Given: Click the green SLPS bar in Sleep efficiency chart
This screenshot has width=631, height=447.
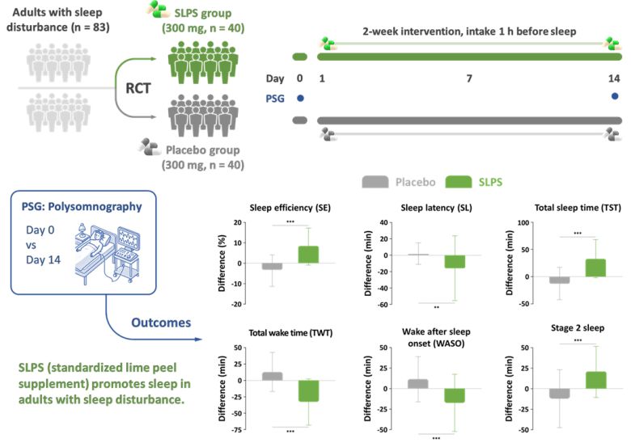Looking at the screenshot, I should pos(307,255).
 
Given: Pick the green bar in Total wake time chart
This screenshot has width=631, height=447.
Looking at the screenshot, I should pos(308,390).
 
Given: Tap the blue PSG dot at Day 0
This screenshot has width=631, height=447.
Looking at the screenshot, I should pos(299,97).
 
